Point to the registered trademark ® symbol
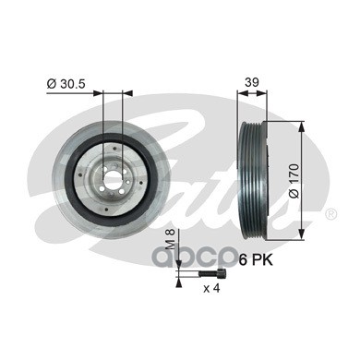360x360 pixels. click(330, 214)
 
